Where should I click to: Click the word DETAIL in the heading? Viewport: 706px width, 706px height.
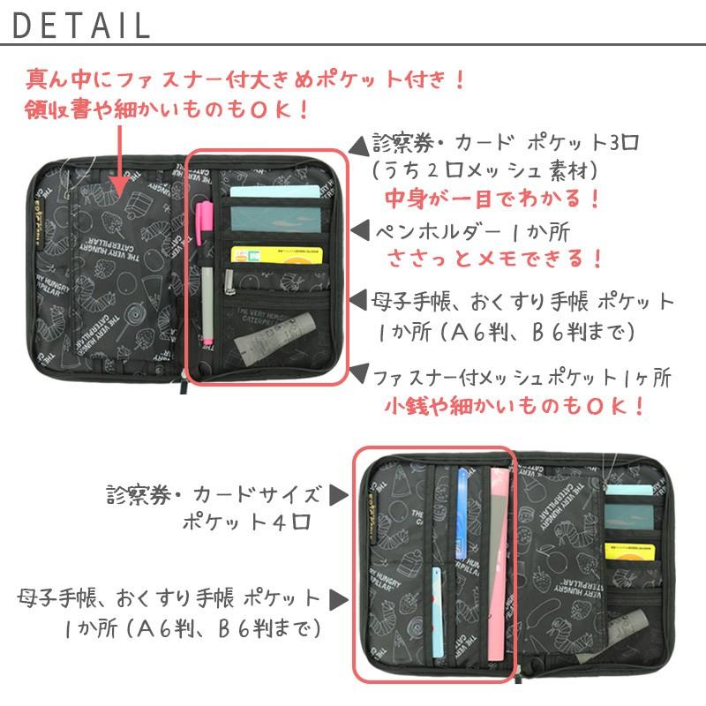tap(81, 24)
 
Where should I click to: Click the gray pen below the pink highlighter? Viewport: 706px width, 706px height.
tap(207, 300)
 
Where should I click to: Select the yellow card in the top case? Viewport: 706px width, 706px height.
tap(276, 256)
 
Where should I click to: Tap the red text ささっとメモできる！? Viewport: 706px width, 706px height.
tap(495, 259)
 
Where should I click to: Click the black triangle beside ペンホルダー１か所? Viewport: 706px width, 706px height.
tap(360, 231)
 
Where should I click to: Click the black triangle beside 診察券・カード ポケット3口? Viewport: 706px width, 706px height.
tap(359, 144)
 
